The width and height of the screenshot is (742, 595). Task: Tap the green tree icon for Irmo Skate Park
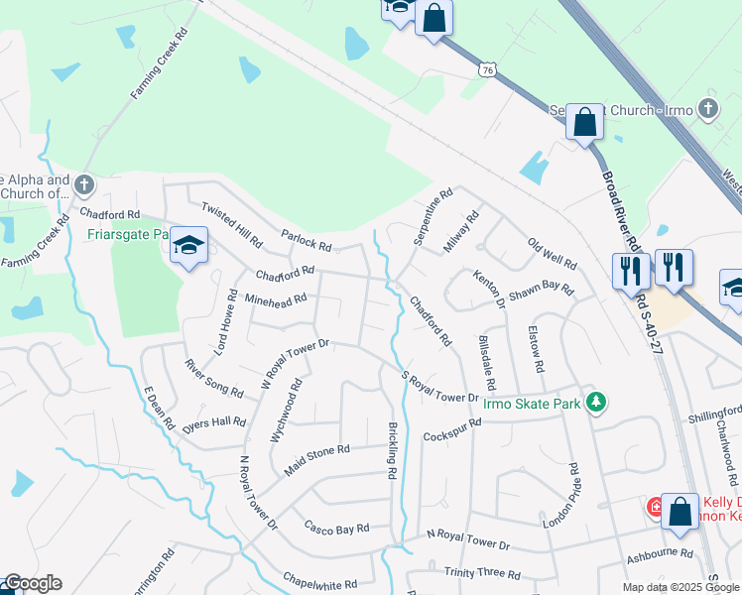click(x=595, y=402)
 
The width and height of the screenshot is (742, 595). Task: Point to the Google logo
click(x=32, y=584)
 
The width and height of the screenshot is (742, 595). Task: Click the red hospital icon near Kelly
click(x=655, y=507)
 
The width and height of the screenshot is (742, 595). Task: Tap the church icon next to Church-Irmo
click(x=708, y=108)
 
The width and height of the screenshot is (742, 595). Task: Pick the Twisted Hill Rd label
click(x=231, y=224)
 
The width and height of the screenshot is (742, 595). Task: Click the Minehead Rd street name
click(x=275, y=298)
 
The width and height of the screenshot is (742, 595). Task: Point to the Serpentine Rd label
click(x=433, y=217)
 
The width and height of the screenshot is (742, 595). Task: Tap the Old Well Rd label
click(x=552, y=254)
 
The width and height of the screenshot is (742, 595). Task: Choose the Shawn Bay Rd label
click(x=541, y=293)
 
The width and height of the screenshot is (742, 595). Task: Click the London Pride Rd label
click(x=573, y=495)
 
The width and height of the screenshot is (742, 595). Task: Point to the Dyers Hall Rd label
click(x=212, y=422)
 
